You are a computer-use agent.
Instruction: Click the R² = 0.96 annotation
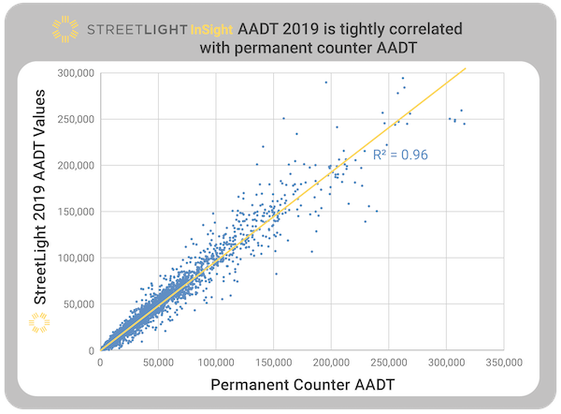click(x=399, y=155)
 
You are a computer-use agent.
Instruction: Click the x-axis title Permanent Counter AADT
click(x=302, y=385)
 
